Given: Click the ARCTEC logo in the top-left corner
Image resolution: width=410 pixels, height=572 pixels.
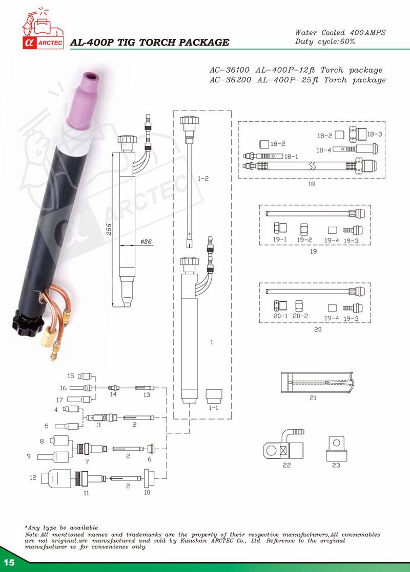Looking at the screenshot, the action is (43, 28).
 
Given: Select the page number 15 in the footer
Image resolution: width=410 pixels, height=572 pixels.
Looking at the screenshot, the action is (9, 562).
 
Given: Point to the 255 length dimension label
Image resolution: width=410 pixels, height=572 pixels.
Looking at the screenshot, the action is (109, 229).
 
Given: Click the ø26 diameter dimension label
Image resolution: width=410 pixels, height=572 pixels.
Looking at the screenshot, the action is (146, 241).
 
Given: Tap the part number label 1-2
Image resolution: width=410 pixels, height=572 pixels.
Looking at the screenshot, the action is (203, 179).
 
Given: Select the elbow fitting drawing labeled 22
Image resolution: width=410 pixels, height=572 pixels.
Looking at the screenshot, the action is (283, 446).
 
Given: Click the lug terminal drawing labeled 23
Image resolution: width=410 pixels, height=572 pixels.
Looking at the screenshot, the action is (337, 449).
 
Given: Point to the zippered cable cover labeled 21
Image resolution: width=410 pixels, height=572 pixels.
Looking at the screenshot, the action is (317, 382).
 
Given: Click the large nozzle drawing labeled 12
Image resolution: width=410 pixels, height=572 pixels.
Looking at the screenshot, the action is (56, 477).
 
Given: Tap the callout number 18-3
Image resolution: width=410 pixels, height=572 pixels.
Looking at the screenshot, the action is (375, 134).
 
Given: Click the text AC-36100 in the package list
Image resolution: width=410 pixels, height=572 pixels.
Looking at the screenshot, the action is (230, 70).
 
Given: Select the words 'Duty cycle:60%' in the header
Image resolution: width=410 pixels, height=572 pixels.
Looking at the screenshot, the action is (325, 41).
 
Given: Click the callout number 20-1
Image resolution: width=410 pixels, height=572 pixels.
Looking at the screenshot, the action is (280, 316).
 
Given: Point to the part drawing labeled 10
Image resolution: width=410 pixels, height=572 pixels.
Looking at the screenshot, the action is (150, 478).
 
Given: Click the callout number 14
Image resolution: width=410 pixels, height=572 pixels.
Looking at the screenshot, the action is (113, 394).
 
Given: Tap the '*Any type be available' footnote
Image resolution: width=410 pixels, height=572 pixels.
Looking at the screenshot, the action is (61, 527).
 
